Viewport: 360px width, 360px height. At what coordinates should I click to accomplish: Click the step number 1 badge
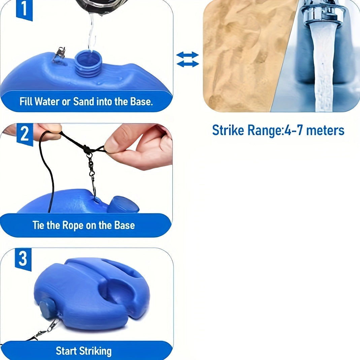24,10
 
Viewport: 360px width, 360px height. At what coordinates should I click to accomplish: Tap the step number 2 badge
25,134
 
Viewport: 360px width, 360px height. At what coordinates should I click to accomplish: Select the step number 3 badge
23,259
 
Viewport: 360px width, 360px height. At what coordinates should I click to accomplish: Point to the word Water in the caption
47,101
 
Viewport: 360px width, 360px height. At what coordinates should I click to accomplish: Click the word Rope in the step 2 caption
73,225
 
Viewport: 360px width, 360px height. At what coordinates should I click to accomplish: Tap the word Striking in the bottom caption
95,351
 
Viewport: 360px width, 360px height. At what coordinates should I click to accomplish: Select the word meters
325,130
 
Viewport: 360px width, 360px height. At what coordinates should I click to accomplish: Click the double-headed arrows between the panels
188,59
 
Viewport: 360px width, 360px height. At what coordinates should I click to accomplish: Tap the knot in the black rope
87,149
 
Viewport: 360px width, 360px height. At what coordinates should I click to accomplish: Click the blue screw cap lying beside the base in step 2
123,204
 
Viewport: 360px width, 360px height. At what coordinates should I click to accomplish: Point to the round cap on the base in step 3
47,309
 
